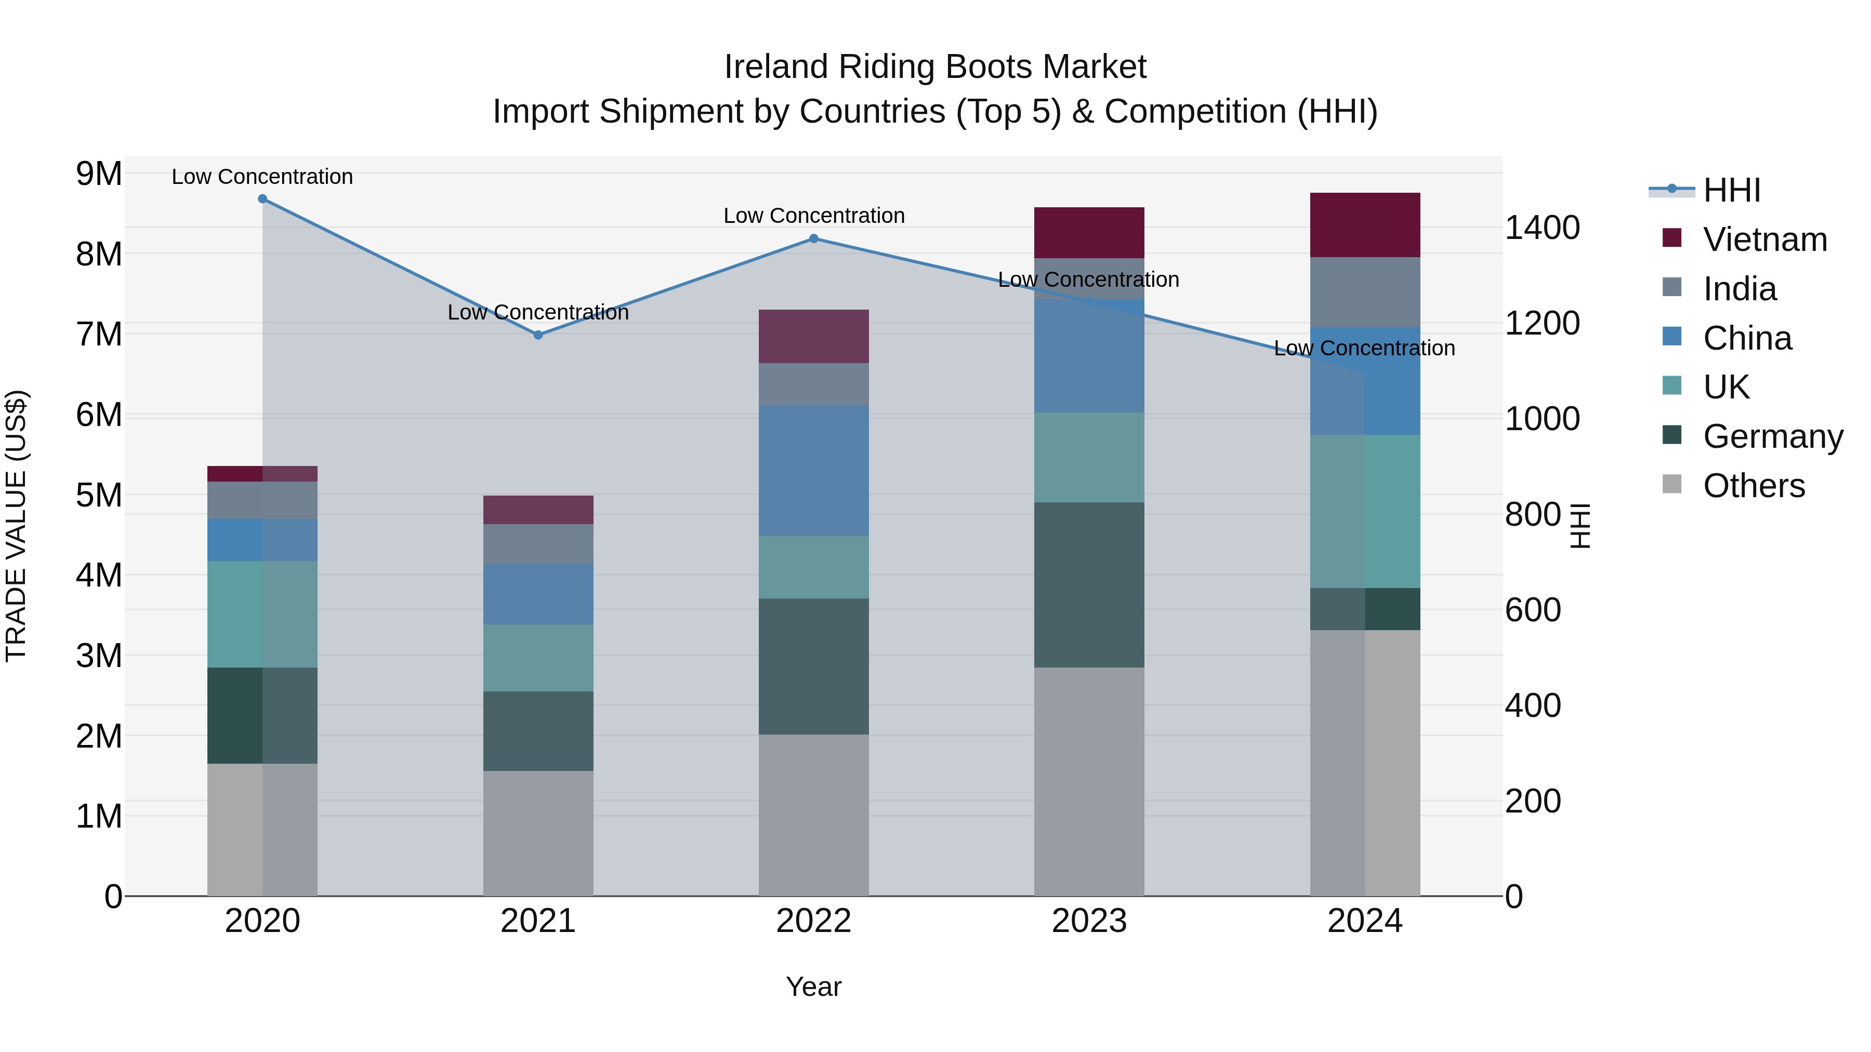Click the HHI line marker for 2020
(x=262, y=199)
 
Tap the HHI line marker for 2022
(x=813, y=239)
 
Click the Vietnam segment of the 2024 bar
(x=1365, y=225)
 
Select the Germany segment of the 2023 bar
(x=1089, y=584)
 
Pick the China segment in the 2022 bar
(x=813, y=471)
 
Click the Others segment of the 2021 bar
(x=538, y=833)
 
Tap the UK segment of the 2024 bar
(x=1365, y=511)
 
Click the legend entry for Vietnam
(x=1764, y=239)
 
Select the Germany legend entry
(x=1772, y=436)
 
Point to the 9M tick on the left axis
(x=99, y=174)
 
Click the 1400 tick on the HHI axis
(x=1541, y=228)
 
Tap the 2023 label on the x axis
(x=1089, y=921)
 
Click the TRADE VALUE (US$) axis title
(x=17, y=526)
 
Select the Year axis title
(x=813, y=987)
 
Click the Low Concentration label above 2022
(x=813, y=216)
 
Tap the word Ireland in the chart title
(x=776, y=67)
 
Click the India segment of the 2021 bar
(x=538, y=544)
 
